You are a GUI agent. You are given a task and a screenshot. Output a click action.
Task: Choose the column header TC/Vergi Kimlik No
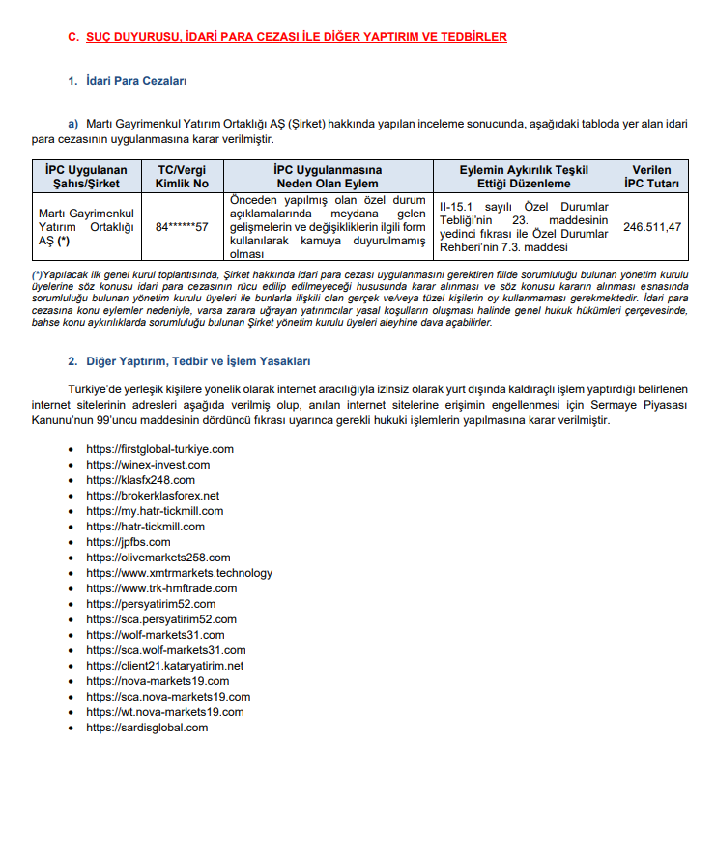click(x=182, y=176)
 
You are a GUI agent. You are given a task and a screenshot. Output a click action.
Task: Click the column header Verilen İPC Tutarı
click(x=650, y=176)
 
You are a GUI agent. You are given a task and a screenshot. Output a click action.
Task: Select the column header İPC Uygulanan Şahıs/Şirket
click(x=89, y=176)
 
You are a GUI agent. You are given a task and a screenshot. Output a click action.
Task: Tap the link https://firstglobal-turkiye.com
click(x=159, y=449)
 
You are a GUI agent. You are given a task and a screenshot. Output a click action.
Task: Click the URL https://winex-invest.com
click(x=148, y=465)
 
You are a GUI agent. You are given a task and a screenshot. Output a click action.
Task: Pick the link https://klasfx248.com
click(x=140, y=480)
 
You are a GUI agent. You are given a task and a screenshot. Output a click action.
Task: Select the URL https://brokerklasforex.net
click(x=153, y=496)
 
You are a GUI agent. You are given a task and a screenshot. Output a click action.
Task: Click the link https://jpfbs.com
click(x=128, y=542)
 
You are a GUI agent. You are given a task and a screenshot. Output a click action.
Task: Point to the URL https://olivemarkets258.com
click(x=158, y=558)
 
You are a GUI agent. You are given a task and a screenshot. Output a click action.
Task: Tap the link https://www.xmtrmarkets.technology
click(x=179, y=573)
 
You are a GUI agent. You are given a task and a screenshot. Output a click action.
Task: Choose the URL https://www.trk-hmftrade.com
click(x=160, y=588)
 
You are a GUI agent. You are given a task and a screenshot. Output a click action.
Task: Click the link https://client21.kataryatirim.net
click(x=164, y=666)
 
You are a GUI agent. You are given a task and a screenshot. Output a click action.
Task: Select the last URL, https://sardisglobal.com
click(x=147, y=728)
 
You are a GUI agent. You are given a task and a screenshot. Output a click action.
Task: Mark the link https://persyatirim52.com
click(x=151, y=604)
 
